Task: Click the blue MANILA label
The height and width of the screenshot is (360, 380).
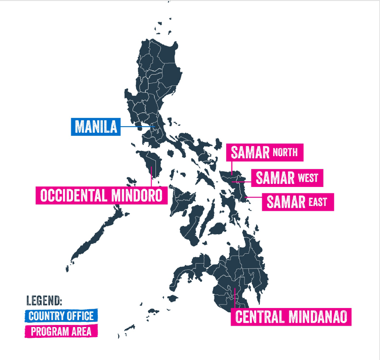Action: coord(96,127)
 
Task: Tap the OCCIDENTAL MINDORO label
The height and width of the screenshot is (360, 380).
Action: coord(102,196)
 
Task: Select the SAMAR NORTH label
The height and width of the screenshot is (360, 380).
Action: coord(264,153)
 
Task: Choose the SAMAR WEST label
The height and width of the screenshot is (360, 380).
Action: coord(287,178)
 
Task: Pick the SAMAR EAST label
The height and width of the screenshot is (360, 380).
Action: coord(297,202)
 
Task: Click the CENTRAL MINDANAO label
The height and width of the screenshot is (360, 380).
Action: coord(291,317)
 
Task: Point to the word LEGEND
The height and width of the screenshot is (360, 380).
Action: coord(44,301)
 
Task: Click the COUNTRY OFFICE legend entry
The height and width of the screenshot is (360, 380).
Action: coord(61,315)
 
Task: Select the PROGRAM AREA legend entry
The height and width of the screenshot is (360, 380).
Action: coord(61,331)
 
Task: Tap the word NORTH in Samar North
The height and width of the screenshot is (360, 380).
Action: coord(285,153)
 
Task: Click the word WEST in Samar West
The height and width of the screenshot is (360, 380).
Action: coord(308,178)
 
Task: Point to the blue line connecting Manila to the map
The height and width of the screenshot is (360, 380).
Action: coord(137,127)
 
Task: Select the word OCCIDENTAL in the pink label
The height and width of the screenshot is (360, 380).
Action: coord(74,196)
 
